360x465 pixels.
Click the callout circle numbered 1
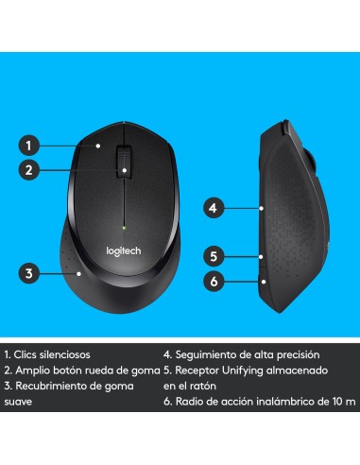click(29, 146)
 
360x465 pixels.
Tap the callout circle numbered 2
click(29, 170)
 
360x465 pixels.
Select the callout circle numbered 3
click(29, 274)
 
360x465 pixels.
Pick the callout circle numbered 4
click(214, 206)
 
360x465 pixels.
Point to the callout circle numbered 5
click(214, 255)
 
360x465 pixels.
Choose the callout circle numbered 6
click(214, 281)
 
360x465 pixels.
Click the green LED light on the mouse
click(124, 227)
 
